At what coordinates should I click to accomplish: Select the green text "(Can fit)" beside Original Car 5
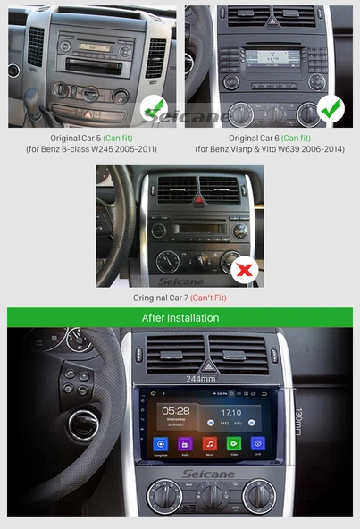click(119, 139)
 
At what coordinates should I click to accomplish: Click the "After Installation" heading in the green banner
click(180, 317)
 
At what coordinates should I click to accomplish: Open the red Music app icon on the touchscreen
click(209, 443)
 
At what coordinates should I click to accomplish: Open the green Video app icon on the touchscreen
click(233, 443)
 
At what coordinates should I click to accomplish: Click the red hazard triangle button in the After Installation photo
click(207, 364)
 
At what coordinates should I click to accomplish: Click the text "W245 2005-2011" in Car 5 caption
click(123, 148)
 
